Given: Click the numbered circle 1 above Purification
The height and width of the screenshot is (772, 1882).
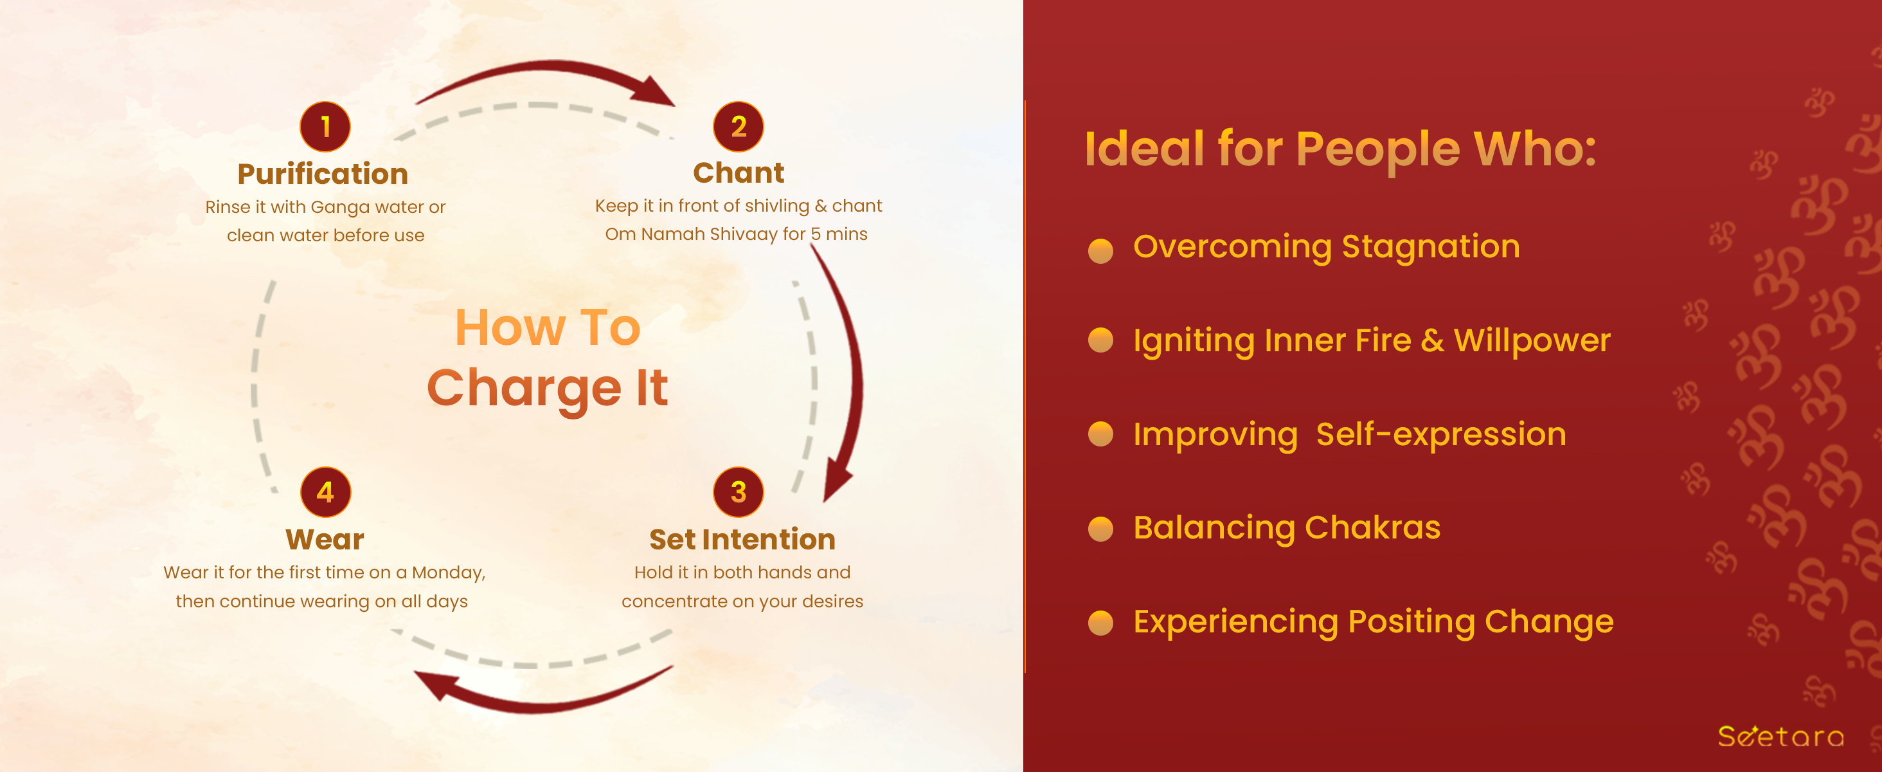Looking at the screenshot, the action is click(x=325, y=127).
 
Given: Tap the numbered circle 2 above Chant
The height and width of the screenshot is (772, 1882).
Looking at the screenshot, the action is click(x=739, y=127).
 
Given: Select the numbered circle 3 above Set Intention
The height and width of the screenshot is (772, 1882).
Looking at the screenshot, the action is click(x=739, y=492).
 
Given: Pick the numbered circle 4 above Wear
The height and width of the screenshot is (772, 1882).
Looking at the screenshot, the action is click(x=326, y=492).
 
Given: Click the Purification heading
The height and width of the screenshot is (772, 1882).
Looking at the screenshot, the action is click(x=323, y=174).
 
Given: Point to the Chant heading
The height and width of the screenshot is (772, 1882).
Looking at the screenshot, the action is click(x=739, y=172).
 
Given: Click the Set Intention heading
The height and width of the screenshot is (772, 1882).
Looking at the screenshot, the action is click(x=742, y=540).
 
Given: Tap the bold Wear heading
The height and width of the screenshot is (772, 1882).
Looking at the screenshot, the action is click(x=325, y=540).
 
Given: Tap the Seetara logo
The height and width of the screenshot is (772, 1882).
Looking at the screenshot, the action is click(x=1780, y=736).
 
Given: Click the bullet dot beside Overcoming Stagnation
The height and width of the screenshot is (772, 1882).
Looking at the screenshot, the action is click(x=1100, y=250).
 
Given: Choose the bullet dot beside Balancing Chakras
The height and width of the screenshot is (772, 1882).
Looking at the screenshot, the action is click(x=1100, y=529).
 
